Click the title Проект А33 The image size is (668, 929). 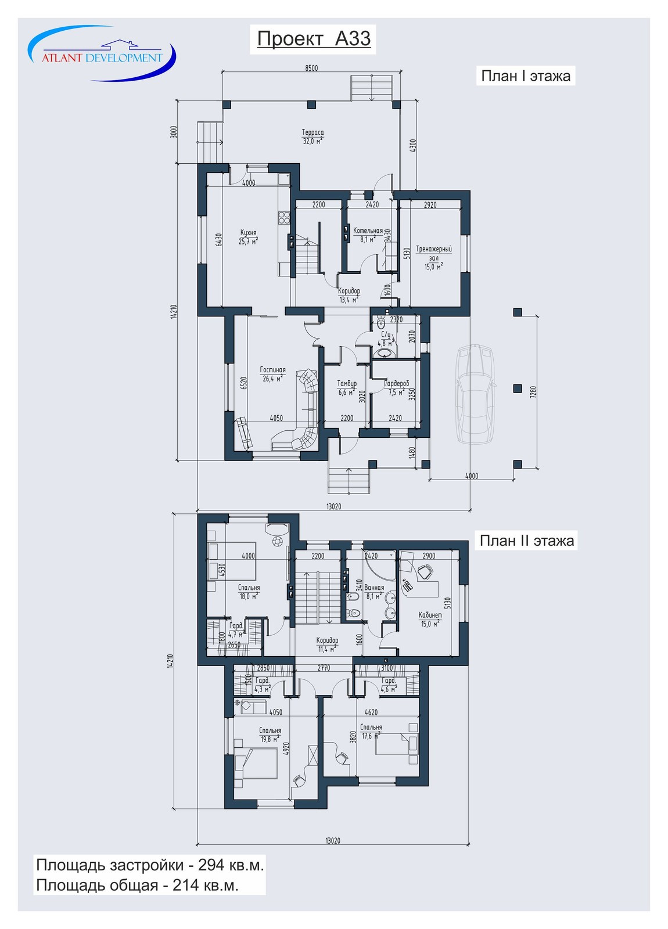[314, 38]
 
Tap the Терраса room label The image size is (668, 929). [313, 133]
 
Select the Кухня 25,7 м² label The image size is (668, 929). [248, 237]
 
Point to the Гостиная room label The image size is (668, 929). [272, 370]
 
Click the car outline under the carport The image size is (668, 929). [476, 394]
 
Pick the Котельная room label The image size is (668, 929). [368, 231]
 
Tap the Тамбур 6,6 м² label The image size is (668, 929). [346, 388]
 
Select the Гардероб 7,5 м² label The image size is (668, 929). [397, 388]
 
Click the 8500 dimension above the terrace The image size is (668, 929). [311, 68]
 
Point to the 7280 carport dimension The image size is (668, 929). [533, 393]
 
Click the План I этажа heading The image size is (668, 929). [525, 76]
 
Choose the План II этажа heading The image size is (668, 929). [526, 541]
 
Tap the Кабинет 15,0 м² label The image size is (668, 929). [430, 620]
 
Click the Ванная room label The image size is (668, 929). [374, 588]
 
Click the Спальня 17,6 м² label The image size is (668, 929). [371, 731]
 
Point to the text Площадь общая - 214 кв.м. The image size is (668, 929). [137, 884]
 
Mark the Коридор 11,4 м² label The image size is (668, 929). [327, 644]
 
